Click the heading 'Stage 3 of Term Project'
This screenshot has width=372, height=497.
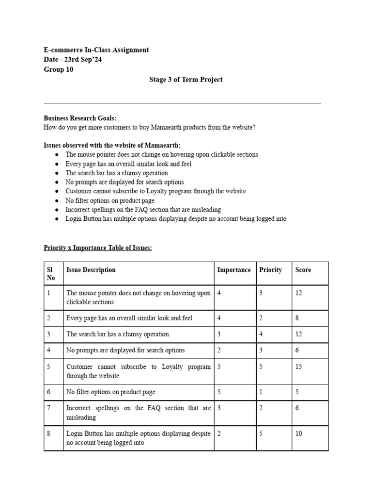(x=186, y=80)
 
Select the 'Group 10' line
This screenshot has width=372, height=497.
(x=59, y=69)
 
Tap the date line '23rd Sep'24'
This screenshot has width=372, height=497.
(x=73, y=60)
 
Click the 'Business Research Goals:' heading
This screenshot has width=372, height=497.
(x=80, y=118)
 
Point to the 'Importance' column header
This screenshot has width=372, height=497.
(x=234, y=270)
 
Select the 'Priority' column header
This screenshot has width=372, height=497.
(x=270, y=270)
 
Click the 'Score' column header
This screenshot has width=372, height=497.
(x=303, y=270)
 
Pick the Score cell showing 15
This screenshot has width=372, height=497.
(x=299, y=367)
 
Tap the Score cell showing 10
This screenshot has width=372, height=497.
(x=299, y=433)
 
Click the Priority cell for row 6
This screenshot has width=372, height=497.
(x=261, y=392)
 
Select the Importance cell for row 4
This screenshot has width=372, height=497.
(x=219, y=350)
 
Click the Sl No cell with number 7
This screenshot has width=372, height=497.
(x=48, y=408)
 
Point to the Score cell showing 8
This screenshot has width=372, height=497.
(x=297, y=318)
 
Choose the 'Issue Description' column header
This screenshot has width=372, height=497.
(x=91, y=270)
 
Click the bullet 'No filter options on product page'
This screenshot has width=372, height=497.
(x=110, y=200)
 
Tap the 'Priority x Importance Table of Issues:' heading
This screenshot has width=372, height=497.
(x=97, y=248)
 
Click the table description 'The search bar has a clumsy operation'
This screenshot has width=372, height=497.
(x=118, y=334)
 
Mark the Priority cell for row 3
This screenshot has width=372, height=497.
(x=261, y=334)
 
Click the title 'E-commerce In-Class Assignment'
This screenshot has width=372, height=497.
(x=96, y=50)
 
